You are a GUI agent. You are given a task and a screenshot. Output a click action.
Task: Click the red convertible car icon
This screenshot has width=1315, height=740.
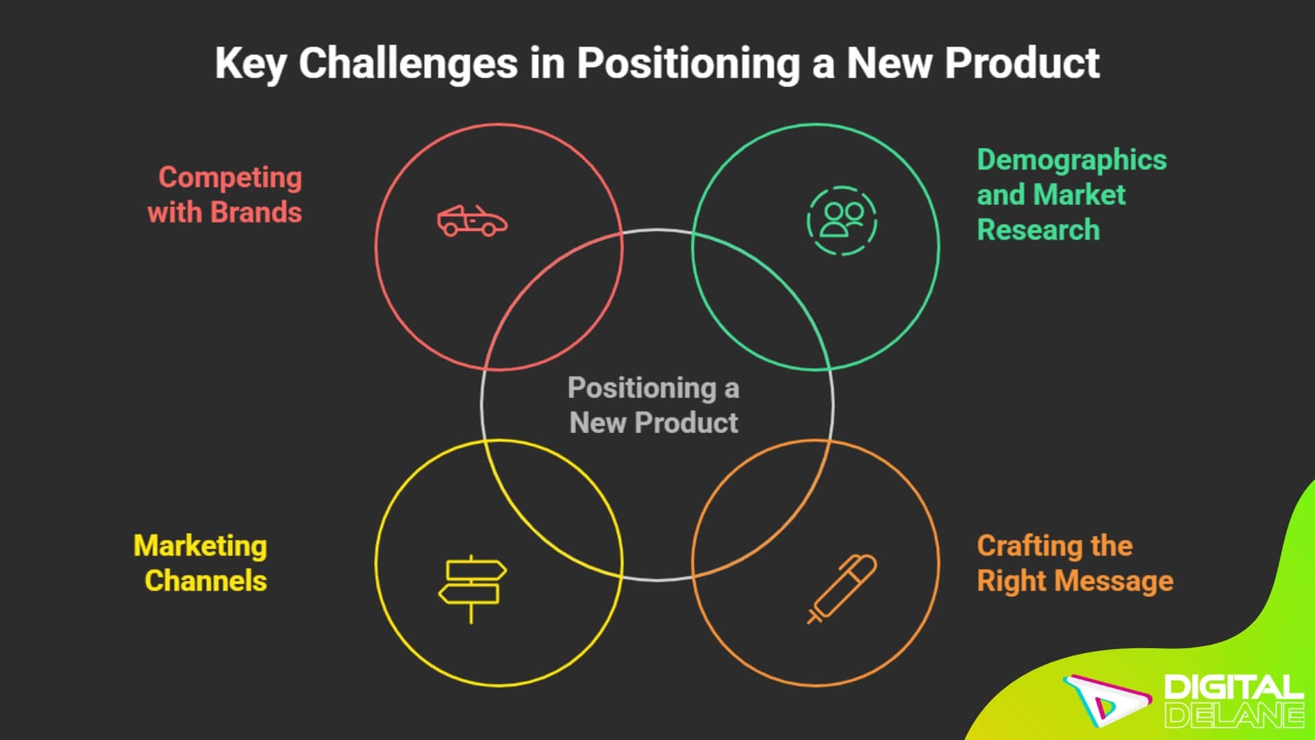click(473, 221)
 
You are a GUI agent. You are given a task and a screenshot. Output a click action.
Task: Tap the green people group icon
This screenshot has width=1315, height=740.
click(842, 221)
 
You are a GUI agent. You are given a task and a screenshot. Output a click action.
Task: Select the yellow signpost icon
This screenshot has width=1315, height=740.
click(472, 589)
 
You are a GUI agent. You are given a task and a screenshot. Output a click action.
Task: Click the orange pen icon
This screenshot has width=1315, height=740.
click(842, 589)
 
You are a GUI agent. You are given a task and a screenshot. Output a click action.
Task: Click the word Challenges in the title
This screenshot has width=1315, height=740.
click(408, 64)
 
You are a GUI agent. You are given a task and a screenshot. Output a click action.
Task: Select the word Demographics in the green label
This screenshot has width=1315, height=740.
click(1071, 160)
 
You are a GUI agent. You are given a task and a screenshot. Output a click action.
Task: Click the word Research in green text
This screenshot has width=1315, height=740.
click(1038, 230)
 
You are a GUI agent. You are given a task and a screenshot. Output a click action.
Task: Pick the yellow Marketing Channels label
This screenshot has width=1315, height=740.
click(201, 563)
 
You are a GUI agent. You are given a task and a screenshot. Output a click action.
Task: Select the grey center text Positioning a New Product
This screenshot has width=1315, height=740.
click(654, 405)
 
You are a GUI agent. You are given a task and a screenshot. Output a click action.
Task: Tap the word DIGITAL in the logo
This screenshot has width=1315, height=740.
click(1233, 687)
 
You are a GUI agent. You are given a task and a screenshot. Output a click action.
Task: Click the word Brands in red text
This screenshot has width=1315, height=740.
click(256, 212)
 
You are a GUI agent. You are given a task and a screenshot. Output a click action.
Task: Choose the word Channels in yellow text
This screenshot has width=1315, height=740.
click(205, 581)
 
